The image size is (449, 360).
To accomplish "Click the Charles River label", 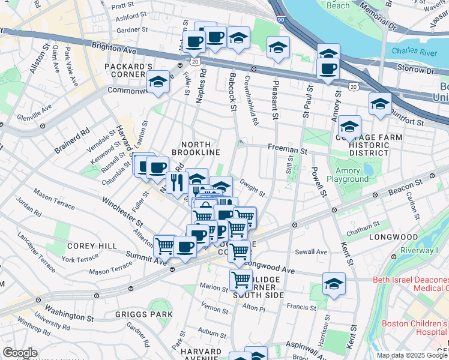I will (x=414, y=52).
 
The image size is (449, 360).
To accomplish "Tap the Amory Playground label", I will (x=348, y=175).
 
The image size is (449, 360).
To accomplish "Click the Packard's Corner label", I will (x=128, y=66).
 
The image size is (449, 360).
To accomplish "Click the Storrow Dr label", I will (x=411, y=69).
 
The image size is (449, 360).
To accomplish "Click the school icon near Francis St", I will (x=334, y=285).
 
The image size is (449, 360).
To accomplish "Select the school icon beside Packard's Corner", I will (x=158, y=82).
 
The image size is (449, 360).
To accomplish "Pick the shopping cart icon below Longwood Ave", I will (x=241, y=280).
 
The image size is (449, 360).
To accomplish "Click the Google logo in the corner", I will (x=20, y=352).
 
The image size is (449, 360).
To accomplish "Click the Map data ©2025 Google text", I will (x=412, y=355).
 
